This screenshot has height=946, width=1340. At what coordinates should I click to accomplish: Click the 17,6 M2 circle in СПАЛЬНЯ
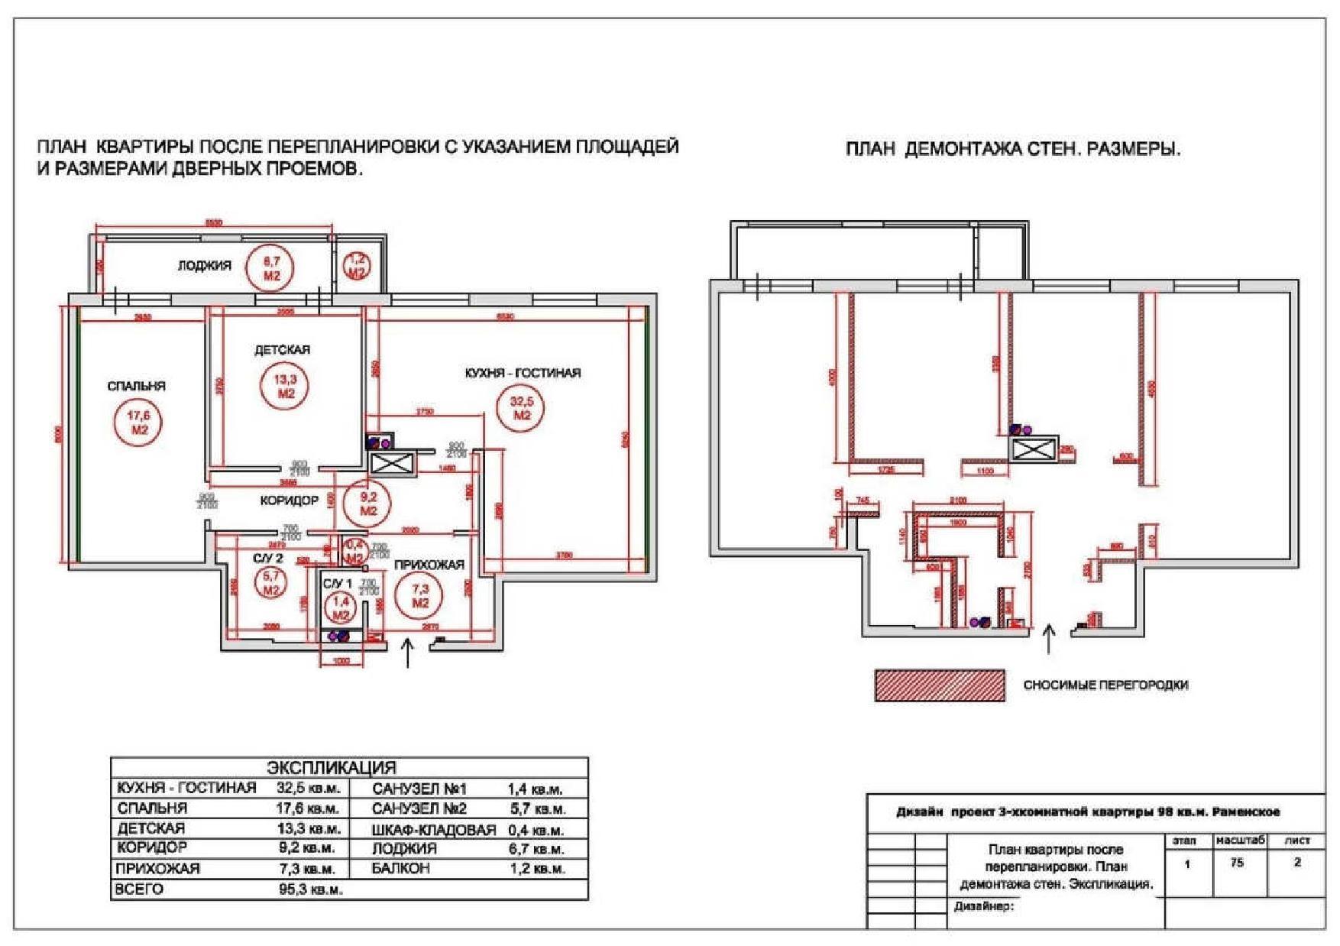tap(139, 423)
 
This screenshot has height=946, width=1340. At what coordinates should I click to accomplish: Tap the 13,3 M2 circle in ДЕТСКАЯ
tap(286, 386)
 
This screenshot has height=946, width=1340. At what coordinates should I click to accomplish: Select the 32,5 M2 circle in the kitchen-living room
tap(522, 408)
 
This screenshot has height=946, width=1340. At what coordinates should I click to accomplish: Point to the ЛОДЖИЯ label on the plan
tap(204, 266)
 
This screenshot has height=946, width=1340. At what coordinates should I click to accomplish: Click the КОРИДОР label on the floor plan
tap(289, 501)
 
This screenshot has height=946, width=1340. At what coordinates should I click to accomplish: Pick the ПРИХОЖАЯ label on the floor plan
tap(429, 565)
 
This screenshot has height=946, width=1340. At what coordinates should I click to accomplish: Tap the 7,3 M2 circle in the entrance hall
tap(420, 596)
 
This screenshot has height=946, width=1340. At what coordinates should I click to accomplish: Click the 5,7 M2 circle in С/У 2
tap(271, 584)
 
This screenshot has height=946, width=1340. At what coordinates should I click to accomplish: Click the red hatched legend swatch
tap(939, 685)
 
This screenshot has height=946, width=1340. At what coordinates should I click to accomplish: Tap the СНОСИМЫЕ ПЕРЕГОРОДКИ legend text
tap(1105, 685)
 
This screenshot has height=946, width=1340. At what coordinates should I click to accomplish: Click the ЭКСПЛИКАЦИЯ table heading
tap(331, 768)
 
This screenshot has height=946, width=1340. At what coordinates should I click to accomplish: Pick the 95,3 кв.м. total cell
tap(310, 889)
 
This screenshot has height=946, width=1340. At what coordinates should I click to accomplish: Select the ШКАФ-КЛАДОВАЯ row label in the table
tap(433, 830)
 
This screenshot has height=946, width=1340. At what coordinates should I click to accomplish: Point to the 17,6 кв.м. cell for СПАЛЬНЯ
tap(308, 808)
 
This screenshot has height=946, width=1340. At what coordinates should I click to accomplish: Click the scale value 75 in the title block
tap(1237, 863)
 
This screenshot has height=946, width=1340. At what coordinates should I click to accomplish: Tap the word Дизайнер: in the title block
tap(983, 907)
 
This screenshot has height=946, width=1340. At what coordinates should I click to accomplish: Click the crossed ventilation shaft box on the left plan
tap(391, 463)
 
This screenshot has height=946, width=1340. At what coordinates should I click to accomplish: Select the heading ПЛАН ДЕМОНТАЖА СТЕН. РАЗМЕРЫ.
tap(1012, 149)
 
